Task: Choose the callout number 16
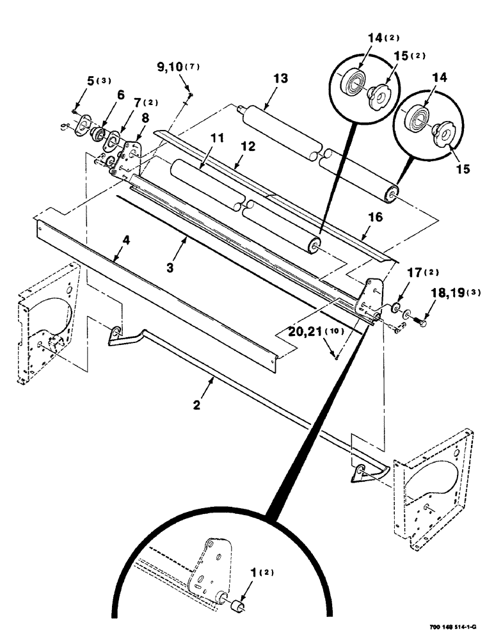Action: pyautogui.click(x=375, y=218)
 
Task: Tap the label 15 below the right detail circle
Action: pyautogui.click(x=463, y=170)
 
